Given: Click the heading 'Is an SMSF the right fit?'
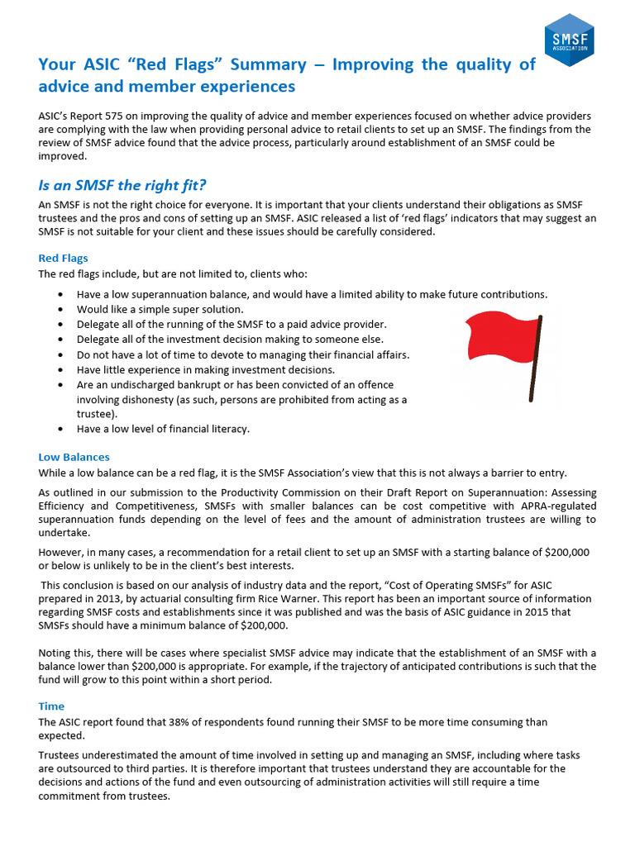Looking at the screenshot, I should (128, 185).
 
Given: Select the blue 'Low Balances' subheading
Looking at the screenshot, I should (74, 457).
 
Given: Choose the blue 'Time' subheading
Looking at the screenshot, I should (51, 706).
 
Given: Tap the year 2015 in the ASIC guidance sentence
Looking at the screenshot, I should (519, 612).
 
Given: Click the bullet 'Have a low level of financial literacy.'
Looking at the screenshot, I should (163, 429).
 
